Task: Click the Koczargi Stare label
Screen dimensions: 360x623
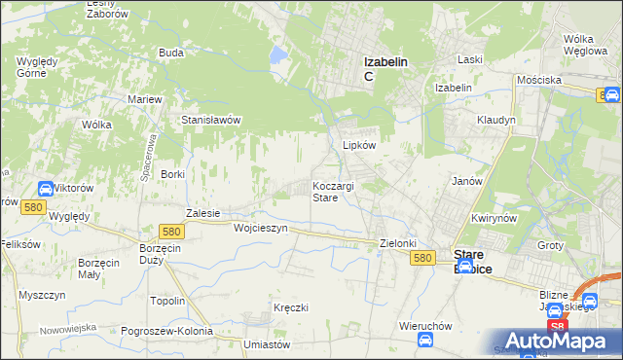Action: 338,191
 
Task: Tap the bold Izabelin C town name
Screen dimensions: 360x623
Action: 385,68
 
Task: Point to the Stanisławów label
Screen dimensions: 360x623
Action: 211,120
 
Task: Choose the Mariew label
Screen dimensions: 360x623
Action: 145,99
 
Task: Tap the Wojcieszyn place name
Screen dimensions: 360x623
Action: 261,228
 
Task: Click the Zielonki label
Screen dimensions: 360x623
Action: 398,243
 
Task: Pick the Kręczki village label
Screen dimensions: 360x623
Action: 291,307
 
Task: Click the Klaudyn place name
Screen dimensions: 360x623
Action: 495,120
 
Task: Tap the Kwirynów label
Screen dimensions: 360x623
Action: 491,219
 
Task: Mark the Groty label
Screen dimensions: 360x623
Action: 550,245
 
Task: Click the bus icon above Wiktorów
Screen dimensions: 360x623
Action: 46,188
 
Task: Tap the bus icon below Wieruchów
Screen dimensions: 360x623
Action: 425,340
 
